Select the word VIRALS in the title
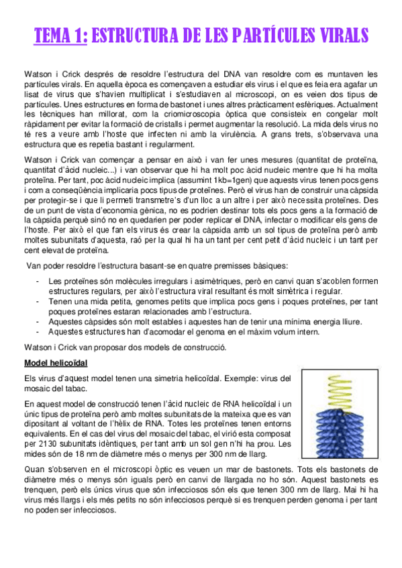334,34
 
